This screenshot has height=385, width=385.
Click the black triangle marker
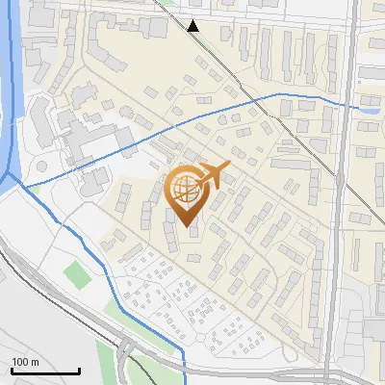click(x=193, y=26)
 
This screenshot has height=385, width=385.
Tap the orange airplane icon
click(x=213, y=175)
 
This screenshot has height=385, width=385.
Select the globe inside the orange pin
click(x=184, y=189)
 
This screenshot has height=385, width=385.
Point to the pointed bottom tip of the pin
click(x=184, y=225)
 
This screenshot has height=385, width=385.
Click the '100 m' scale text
click(x=25, y=362)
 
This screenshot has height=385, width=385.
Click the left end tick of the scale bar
click(x=12, y=370)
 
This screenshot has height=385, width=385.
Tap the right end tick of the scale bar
click(x=79, y=370)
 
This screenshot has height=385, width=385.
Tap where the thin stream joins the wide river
click(x=21, y=186)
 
